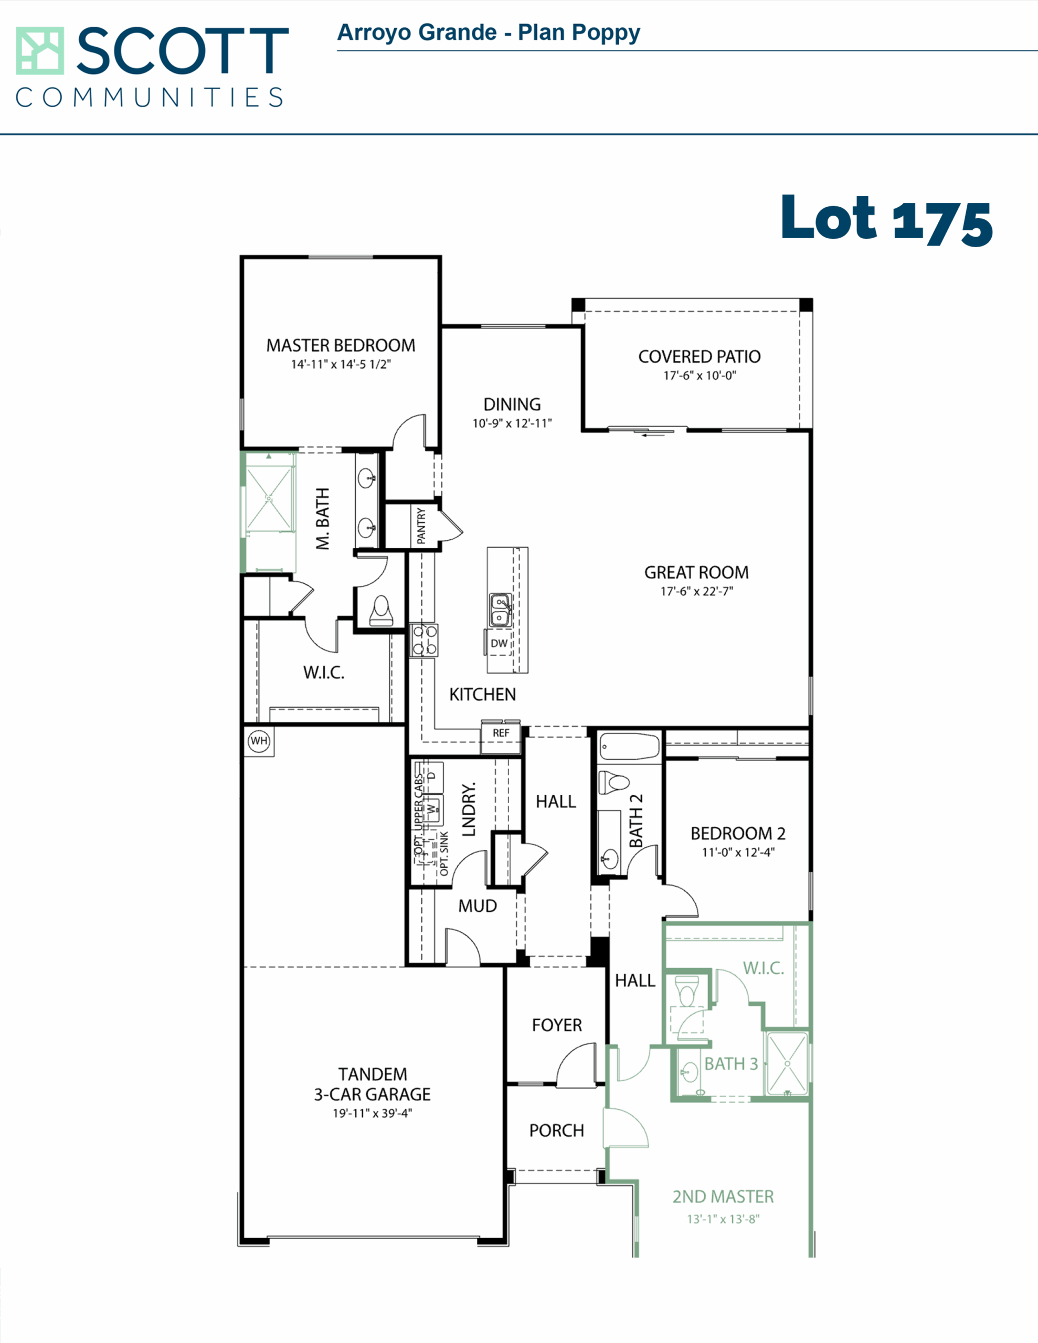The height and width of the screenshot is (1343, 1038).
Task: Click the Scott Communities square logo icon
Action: (40, 50)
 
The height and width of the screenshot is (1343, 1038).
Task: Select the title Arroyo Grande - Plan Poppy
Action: (489, 33)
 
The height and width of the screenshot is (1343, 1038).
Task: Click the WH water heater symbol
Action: (259, 741)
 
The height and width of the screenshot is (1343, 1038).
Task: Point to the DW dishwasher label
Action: (499, 643)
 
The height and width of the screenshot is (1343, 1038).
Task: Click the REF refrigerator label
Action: (501, 733)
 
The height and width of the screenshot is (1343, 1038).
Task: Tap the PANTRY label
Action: (421, 526)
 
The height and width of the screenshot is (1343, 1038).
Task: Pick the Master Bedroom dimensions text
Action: (341, 365)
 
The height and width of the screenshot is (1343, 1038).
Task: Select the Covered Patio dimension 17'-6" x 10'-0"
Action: (700, 376)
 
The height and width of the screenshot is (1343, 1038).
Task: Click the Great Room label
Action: (696, 572)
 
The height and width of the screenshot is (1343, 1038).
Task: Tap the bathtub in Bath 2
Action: (629, 747)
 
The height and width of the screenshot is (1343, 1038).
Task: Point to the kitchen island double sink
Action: (500, 610)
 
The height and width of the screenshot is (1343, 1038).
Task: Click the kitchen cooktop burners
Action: (424, 640)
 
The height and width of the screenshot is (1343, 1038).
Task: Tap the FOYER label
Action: (557, 1025)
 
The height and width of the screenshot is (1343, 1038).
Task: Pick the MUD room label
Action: (478, 906)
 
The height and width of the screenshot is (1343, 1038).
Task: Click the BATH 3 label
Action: (731, 1064)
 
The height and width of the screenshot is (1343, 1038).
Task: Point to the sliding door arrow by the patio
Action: (653, 435)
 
